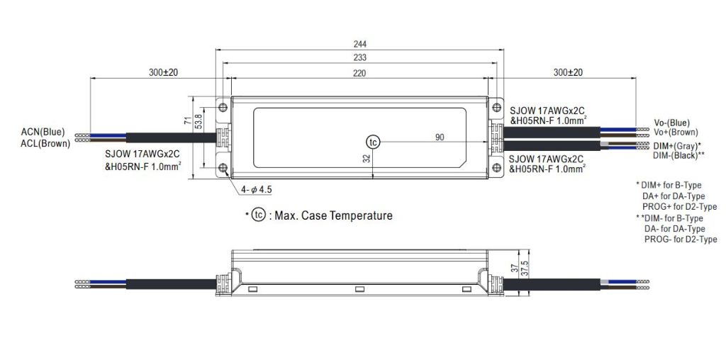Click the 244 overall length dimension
coord(359,44)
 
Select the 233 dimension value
coord(359,58)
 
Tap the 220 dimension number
coord(359,73)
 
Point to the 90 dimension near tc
coord(440,137)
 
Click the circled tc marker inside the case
coord(373,142)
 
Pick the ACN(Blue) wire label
coord(43,133)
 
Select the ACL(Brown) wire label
coord(45,143)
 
